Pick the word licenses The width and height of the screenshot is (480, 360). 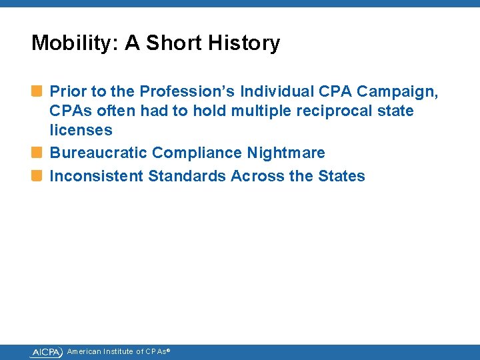(x=81, y=130)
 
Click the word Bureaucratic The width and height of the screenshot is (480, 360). (x=99, y=153)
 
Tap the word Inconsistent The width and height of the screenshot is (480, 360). (x=97, y=176)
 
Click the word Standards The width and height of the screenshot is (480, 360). (x=187, y=176)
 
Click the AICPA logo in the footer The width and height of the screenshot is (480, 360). (x=46, y=352)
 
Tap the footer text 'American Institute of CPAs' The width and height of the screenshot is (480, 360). (x=118, y=352)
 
